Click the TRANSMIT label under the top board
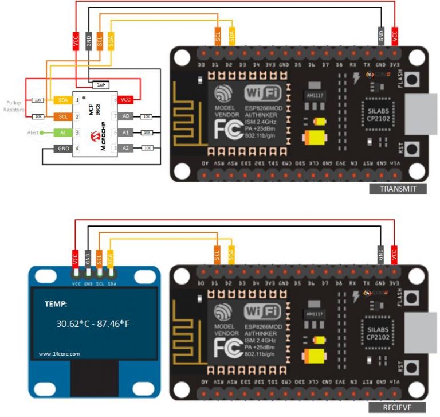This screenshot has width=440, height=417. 398,189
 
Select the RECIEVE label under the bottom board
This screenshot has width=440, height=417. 398,407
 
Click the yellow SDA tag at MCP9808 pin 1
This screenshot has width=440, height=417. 62,100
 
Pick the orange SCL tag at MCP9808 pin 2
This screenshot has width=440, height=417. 62,116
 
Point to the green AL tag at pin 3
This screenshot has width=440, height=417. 62,132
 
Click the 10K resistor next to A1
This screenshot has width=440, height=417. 147,132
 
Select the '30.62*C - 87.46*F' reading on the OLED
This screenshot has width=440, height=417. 93,324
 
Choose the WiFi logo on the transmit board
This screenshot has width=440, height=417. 263,92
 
